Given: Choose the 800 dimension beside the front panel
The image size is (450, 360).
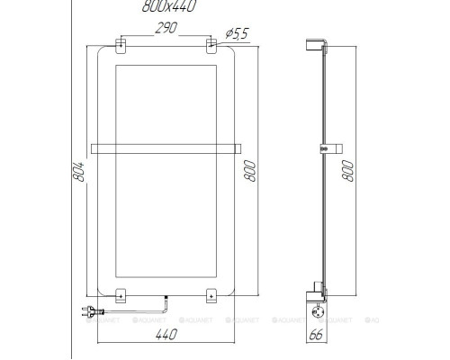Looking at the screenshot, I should [251, 168].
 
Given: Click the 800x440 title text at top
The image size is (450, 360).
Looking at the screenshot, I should [169, 6].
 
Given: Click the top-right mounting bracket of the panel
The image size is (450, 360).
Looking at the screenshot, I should [212, 44].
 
